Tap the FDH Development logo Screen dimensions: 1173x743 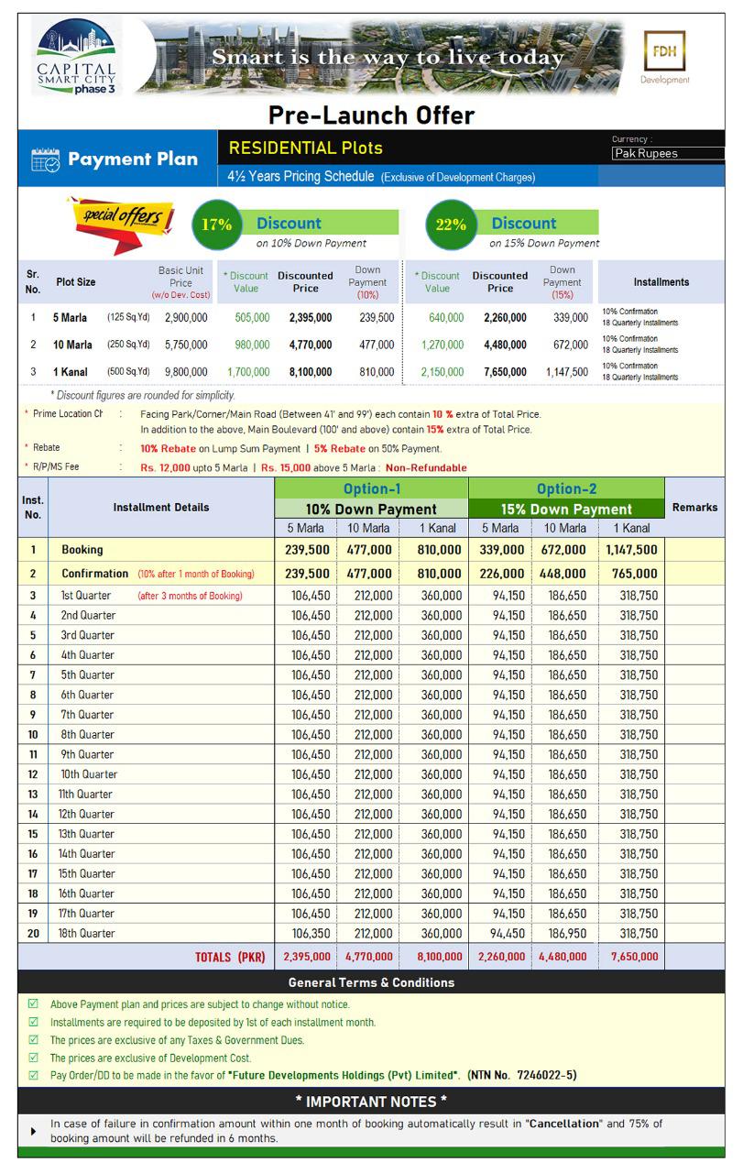665,59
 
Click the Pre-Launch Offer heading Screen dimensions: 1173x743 371,115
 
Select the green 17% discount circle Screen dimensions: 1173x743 217,225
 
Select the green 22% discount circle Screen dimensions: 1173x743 451,225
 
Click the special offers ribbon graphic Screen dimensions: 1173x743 117,221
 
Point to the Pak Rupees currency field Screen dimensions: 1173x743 667,154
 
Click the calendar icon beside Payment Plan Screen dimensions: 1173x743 45,159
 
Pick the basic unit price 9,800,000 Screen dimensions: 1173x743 186,373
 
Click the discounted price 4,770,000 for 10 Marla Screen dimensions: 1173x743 305,345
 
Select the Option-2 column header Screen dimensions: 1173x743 566,489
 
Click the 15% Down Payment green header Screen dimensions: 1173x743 566,510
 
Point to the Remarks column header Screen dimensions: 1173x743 694,507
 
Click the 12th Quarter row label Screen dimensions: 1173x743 88,814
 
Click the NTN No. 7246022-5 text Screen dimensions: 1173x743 522,1075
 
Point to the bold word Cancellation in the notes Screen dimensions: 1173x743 563,1124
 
